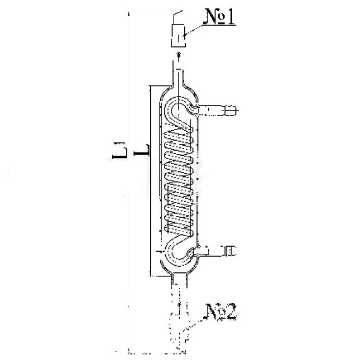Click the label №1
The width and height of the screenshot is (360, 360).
[220, 16]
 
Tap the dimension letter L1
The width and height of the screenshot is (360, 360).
[119, 151]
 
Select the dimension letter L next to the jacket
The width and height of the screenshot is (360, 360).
[142, 150]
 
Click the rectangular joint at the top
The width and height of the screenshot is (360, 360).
[178, 35]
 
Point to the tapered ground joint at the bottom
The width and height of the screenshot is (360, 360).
[179, 326]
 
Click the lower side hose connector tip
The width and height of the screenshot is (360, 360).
[230, 251]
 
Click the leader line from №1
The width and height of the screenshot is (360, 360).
[193, 30]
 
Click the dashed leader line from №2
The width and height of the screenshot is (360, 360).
[193, 325]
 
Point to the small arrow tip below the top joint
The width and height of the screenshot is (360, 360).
[179, 54]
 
